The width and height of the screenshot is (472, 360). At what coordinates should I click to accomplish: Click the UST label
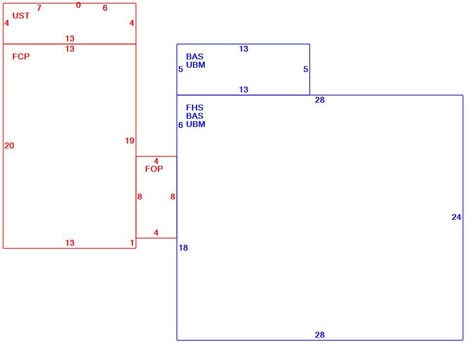21,16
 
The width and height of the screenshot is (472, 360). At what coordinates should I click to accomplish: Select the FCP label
21,56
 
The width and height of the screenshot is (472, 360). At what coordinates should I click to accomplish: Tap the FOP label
154,169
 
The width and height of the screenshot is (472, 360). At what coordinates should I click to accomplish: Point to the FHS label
195,108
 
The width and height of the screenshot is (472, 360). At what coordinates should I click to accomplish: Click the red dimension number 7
39,8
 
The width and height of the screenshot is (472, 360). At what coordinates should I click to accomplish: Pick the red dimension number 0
78,5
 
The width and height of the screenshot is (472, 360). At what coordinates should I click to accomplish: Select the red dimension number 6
105,8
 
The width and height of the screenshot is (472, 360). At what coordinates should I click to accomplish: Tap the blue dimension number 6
181,125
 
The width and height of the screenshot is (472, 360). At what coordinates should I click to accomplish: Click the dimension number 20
9,145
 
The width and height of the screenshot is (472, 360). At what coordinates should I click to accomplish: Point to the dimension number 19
130,141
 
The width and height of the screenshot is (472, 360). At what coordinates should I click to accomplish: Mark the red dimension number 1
132,243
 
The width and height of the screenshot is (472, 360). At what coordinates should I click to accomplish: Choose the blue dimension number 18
183,248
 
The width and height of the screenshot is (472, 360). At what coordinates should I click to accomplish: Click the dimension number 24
456,217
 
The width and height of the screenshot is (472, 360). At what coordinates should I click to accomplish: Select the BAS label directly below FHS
195,116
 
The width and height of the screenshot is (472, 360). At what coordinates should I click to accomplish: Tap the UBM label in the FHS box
196,125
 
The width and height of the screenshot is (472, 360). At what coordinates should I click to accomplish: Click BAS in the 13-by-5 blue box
195,56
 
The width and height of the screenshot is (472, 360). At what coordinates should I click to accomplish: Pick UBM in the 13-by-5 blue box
196,65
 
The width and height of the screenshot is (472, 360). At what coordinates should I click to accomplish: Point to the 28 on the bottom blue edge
320,335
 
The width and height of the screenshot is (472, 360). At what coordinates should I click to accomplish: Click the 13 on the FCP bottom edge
70,243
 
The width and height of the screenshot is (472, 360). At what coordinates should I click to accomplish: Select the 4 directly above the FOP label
156,162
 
